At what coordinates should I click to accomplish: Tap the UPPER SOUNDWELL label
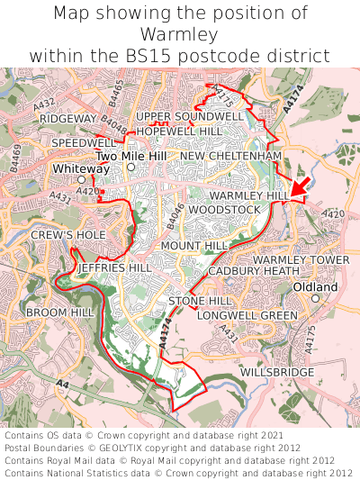[x=189, y=117]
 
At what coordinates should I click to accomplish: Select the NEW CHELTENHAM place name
[x=230, y=157]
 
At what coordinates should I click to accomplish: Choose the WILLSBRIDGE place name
[x=277, y=372]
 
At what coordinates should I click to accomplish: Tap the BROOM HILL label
[x=59, y=312]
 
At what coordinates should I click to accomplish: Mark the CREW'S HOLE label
[x=68, y=235]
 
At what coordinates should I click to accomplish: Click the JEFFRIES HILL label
[x=115, y=268]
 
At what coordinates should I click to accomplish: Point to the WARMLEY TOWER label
[x=301, y=260]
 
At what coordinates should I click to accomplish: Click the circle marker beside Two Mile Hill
[x=130, y=168]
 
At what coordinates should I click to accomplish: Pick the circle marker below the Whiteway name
[x=81, y=180]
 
